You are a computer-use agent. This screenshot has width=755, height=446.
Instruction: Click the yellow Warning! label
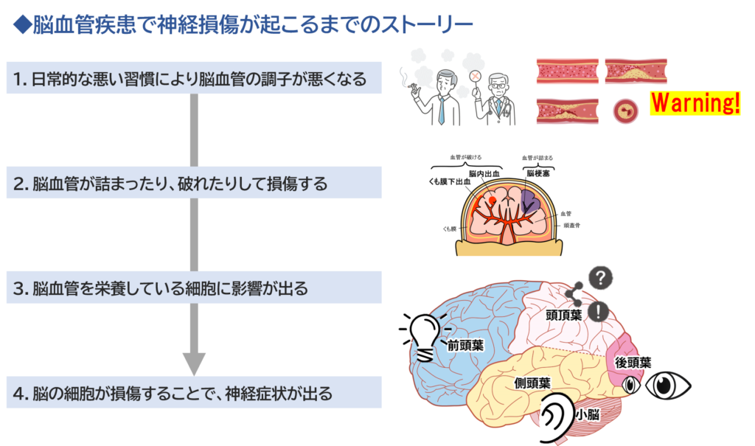pyautogui.click(x=695, y=103)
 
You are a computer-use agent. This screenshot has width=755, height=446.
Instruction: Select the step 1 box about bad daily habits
pyautogui.click(x=194, y=78)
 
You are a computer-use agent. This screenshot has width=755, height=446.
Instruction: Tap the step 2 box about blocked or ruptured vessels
pyautogui.click(x=194, y=183)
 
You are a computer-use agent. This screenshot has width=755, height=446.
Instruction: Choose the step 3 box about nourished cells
pyautogui.click(x=194, y=288)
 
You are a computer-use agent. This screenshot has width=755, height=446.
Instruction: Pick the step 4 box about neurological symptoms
pyautogui.click(x=194, y=393)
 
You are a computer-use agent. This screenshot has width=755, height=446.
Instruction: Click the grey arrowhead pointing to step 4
pyautogui.click(x=194, y=363)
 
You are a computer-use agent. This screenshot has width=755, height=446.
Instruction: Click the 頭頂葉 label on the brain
pyautogui.click(x=564, y=315)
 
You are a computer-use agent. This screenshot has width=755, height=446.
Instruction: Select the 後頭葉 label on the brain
pyautogui.click(x=633, y=363)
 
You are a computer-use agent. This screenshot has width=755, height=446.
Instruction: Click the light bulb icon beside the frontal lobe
pyautogui.click(x=426, y=336)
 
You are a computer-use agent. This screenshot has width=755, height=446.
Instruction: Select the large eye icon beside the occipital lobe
pyautogui.click(x=667, y=385)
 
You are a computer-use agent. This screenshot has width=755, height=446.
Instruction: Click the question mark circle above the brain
pyautogui.click(x=602, y=277)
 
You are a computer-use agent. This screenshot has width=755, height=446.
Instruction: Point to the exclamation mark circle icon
pyautogui.click(x=597, y=311)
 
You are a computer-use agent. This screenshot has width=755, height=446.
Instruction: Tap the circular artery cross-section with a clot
pyautogui.click(x=626, y=112)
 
